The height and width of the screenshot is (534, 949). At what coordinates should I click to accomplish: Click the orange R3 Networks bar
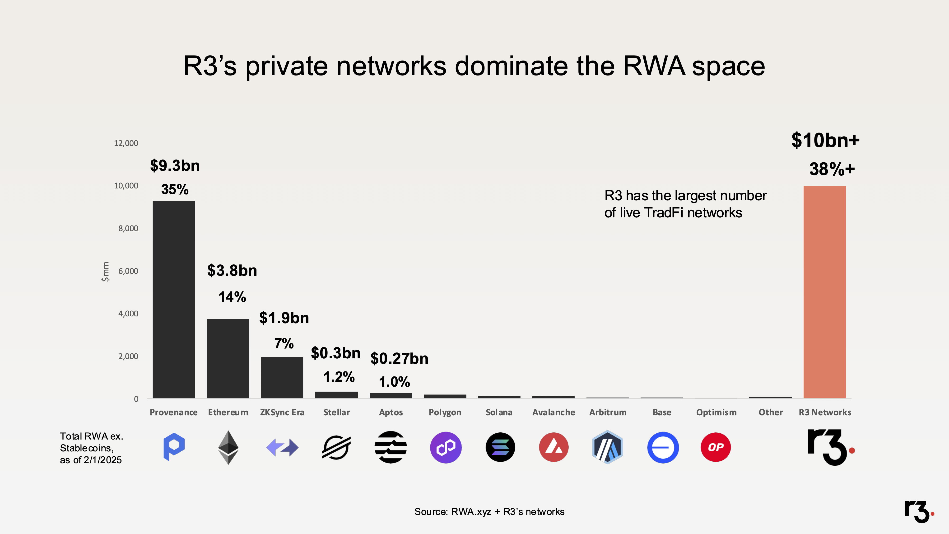coord(824,292)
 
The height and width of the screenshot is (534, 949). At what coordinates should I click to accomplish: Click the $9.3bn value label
coord(175,166)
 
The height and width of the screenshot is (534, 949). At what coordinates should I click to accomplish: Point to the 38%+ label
coord(832,169)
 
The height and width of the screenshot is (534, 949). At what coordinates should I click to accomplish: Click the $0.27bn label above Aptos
coord(399,359)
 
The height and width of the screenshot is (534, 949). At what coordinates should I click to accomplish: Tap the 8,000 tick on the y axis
coord(128,229)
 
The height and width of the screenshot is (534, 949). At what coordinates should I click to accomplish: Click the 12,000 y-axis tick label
coord(126,143)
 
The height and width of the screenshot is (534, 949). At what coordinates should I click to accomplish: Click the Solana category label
coord(499,412)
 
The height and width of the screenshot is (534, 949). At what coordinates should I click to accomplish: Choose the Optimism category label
coord(716,412)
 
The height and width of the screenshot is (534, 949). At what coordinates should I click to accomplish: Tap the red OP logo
coord(716,447)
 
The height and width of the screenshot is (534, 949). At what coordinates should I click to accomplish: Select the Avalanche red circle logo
coord(553,447)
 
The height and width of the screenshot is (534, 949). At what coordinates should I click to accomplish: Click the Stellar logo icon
coord(336,447)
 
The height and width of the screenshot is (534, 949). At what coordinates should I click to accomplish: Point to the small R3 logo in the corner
coord(919,512)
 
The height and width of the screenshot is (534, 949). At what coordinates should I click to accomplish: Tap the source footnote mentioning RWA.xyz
coord(489,512)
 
